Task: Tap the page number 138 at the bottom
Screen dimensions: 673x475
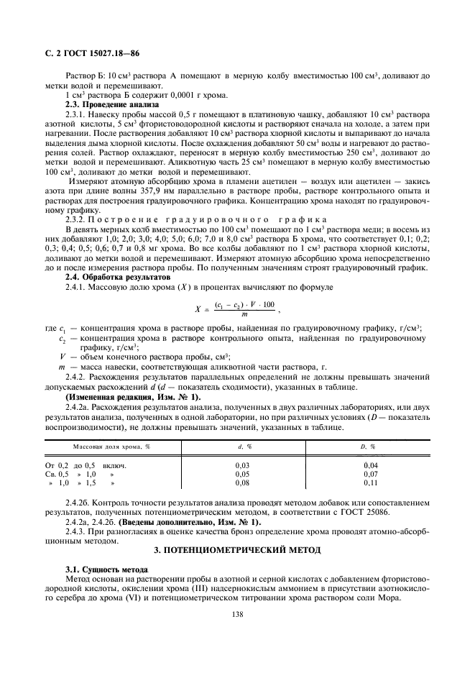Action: (x=237, y=614)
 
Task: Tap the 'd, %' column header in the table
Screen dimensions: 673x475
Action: (x=241, y=447)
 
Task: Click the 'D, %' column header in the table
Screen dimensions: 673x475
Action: (x=370, y=447)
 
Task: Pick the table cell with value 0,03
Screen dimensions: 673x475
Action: (x=242, y=466)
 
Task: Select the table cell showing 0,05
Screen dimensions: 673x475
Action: (x=242, y=475)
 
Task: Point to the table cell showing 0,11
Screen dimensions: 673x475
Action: (x=370, y=484)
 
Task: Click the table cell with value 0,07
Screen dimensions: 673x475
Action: (x=370, y=475)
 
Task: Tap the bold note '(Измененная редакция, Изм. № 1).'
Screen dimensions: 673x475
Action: (x=133, y=397)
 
